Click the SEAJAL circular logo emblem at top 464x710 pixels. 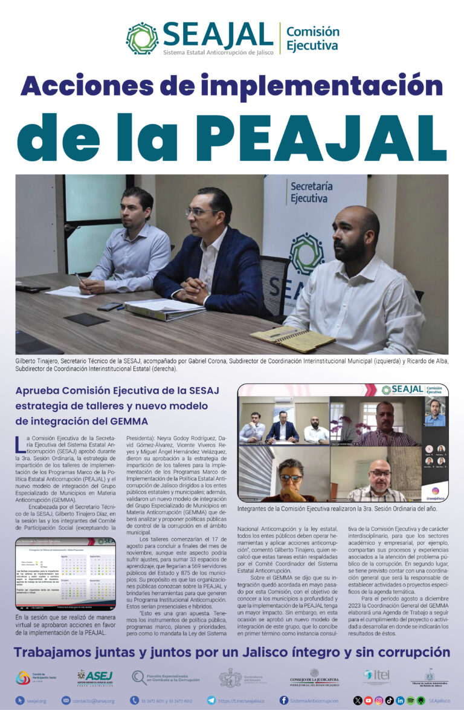click(x=142, y=38)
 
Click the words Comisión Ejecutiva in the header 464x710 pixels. click(x=312, y=39)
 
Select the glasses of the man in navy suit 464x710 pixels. click(x=202, y=212)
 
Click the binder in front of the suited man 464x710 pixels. click(x=164, y=310)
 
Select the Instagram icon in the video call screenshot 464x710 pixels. click(x=435, y=490)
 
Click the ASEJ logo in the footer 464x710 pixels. click(x=95, y=676)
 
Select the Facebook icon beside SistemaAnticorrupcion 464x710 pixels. click(x=284, y=700)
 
